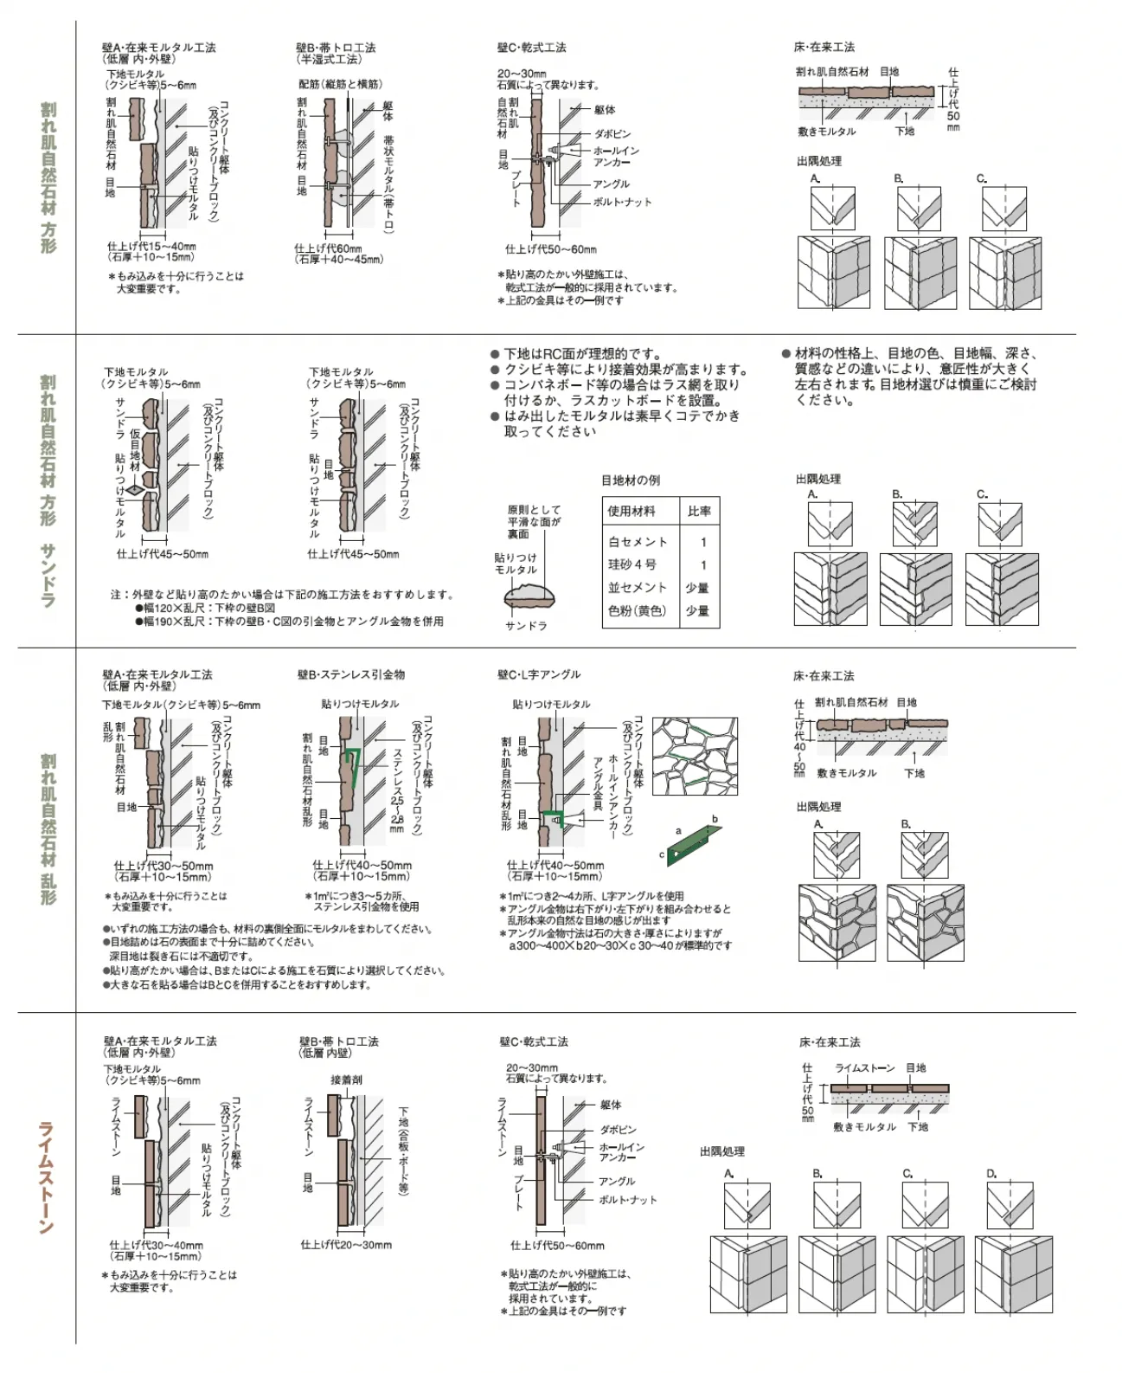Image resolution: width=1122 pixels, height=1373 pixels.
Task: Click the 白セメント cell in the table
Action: pos(638,542)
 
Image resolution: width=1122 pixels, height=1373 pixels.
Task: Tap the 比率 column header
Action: pos(699,511)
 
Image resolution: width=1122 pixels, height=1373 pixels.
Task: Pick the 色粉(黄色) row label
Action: pos(637,610)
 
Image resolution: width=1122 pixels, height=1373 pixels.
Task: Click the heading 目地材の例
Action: pos(631,480)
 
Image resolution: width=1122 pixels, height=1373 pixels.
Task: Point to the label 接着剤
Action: pos(346,1080)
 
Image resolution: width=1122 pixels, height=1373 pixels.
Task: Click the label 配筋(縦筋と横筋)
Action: pos(340,84)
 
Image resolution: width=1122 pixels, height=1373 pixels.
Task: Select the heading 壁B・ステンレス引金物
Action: pos(351,674)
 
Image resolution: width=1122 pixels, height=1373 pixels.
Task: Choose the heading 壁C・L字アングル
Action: pos(539,674)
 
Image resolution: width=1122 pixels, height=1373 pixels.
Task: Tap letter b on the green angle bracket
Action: pos(715,818)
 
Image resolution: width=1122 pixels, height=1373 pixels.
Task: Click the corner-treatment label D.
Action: pos(991,1174)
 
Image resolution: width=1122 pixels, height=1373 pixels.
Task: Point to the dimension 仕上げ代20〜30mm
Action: pos(346,1245)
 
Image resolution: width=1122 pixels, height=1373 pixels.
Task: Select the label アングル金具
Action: pos(597,783)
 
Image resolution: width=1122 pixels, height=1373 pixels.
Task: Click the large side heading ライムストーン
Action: pos(46,1176)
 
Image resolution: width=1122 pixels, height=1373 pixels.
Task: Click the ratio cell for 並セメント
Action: pos(697,588)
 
